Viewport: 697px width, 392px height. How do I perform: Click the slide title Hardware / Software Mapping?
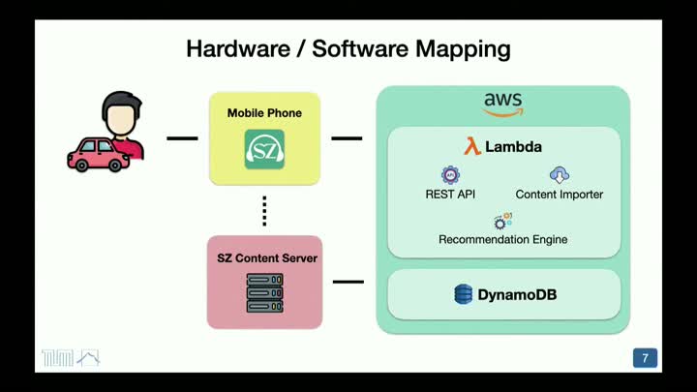348,47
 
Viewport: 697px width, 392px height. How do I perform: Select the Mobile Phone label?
264,113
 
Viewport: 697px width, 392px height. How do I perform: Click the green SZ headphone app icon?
264,150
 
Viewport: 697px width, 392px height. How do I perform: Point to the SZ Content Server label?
267,258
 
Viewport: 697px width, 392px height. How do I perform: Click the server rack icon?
264,292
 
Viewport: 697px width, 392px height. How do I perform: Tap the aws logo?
502,104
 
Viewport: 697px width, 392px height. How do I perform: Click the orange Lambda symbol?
472,147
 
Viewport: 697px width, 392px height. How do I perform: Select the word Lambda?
514,147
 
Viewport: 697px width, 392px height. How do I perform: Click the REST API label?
450,195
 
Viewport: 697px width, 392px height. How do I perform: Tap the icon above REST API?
450,175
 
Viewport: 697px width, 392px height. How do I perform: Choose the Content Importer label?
559,195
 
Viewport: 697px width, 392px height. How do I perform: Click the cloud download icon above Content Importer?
559,175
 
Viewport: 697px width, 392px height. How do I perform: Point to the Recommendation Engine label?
502,239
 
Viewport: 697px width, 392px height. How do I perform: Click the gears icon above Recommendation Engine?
502,221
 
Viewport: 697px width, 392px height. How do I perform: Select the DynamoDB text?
517,294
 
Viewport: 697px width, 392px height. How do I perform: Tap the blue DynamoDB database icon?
464,294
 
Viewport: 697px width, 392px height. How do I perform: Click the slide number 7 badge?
645,358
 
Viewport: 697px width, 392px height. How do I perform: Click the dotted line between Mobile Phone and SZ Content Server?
264,210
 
